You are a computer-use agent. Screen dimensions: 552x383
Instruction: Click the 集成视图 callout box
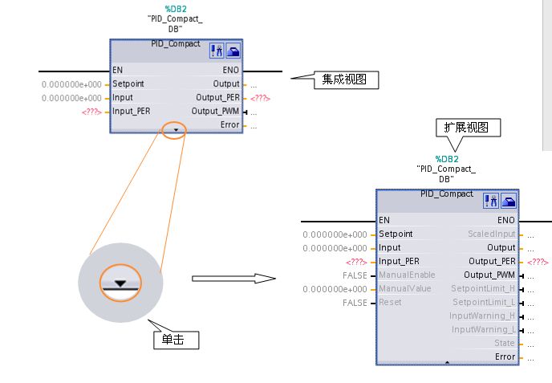(346, 80)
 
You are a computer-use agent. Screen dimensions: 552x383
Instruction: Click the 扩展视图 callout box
(468, 128)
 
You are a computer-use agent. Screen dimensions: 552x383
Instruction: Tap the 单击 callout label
(176, 340)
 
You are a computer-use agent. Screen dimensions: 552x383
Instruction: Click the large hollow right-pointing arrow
(233, 279)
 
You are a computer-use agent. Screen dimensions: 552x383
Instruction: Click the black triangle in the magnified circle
(120, 283)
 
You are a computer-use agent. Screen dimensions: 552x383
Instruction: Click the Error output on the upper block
(229, 124)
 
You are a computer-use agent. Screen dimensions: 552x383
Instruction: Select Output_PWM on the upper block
(215, 111)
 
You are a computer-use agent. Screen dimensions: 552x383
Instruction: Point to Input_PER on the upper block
(131, 111)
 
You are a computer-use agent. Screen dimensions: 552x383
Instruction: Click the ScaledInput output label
(492, 234)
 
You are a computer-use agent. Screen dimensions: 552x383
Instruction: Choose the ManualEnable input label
(407, 275)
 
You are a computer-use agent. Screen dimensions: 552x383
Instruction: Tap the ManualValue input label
(405, 288)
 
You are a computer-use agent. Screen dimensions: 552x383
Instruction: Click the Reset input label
(390, 303)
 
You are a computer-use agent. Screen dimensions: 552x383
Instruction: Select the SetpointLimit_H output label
(483, 288)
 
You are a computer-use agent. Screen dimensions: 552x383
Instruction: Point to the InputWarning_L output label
(484, 329)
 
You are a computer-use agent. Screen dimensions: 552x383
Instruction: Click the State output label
(504, 343)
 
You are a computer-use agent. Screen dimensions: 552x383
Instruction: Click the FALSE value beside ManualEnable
(355, 275)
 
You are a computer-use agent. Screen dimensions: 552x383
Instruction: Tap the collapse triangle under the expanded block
(447, 362)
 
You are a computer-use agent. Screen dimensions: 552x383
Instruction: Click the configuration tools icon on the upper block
(217, 51)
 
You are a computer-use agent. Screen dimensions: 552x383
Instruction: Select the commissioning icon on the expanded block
(509, 201)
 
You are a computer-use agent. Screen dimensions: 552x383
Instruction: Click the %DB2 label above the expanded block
(447, 159)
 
